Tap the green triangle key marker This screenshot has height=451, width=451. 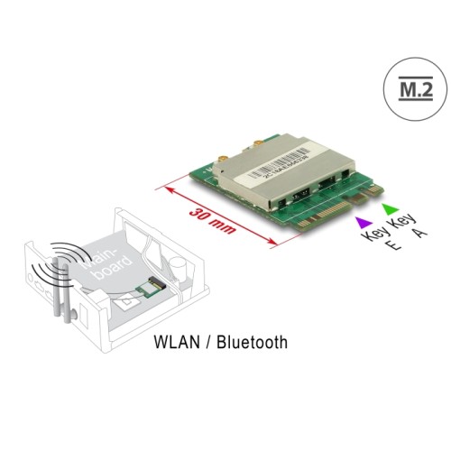[x=390, y=210]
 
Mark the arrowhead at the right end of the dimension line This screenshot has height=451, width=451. [x=277, y=243]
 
